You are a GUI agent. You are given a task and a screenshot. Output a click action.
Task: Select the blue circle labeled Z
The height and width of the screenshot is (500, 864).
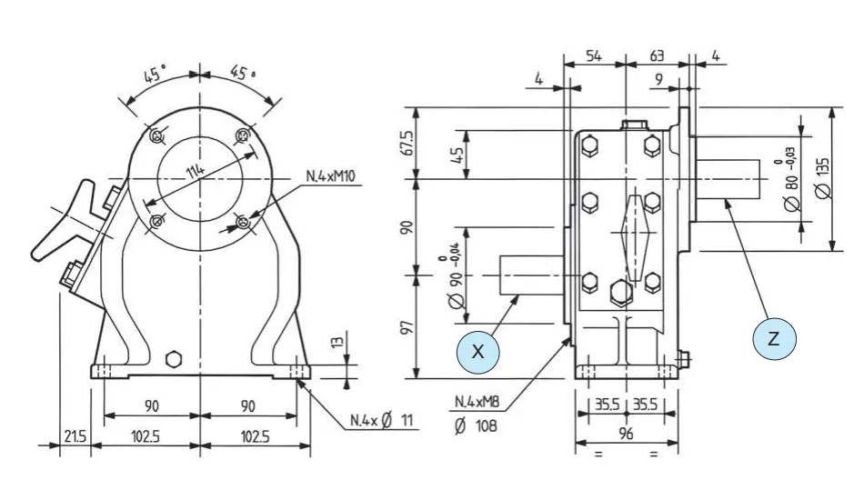[x=775, y=339]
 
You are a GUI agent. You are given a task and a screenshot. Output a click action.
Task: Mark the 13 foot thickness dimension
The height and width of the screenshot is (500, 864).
[x=337, y=344]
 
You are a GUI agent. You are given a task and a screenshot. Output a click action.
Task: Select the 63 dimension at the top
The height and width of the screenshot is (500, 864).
[x=656, y=56]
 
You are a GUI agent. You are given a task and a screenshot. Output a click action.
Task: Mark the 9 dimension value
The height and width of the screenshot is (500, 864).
[x=658, y=79]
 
